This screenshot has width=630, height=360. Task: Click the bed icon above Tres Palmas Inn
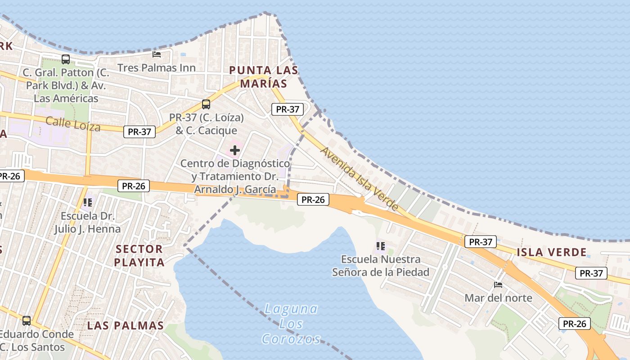157,54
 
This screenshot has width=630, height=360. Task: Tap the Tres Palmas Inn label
156,68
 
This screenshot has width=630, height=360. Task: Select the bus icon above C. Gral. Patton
66,59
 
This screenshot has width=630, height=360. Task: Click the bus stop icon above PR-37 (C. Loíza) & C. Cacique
206,104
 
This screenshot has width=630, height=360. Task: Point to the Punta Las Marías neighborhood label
263,77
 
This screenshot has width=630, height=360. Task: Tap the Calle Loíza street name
73,123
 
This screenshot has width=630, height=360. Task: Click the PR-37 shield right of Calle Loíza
139,132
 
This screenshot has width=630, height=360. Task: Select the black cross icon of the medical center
235,151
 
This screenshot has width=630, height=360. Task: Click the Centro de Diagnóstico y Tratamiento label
235,176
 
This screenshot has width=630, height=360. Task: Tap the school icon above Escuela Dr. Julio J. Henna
87,202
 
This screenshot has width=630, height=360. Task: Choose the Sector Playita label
139,255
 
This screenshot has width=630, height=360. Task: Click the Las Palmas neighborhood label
125,325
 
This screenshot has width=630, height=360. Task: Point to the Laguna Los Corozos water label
291,324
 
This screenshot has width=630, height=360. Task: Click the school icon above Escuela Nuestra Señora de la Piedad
381,246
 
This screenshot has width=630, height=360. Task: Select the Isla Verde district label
552,252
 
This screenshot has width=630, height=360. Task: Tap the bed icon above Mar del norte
498,285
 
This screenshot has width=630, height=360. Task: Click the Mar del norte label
498,298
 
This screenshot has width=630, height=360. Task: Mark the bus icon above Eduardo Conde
27,321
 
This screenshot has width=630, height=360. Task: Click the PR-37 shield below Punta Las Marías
288,109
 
